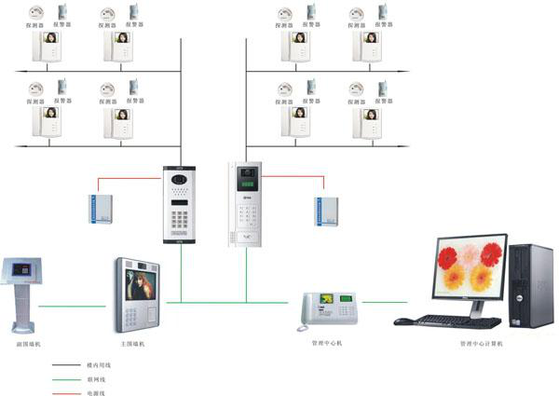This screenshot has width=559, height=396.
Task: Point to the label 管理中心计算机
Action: tap(481, 344)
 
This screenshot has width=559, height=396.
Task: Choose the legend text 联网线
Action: tap(96, 379)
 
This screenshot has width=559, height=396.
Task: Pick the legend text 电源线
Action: tap(96, 393)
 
